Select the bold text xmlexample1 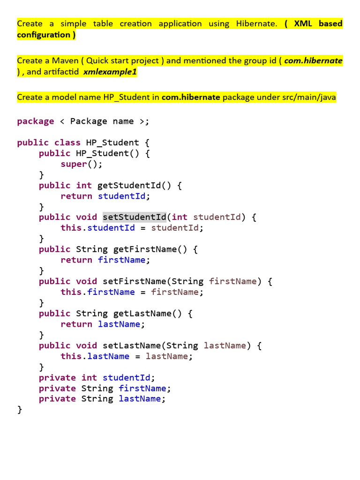pos(110,72)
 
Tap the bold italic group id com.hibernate pos(314,60)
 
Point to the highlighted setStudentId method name pos(134,217)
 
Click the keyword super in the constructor pos(74,164)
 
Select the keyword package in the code pos(36,121)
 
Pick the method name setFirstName pos(134,281)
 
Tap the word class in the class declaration pos(67,142)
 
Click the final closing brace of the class pos(20,410)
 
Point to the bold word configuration pos(44,35)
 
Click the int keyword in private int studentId pos(89,377)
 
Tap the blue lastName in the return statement pos(119,324)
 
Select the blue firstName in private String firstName pos(142,388)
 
